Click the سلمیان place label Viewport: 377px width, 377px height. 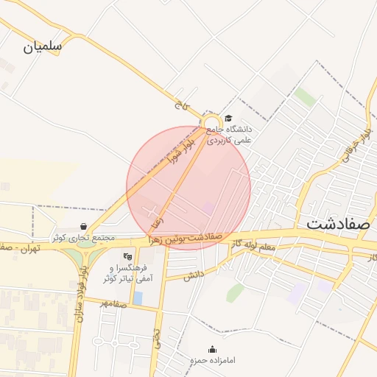coord(43,46)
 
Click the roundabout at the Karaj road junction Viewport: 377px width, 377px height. coord(211,123)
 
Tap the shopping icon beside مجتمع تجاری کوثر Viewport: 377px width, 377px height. coord(82,227)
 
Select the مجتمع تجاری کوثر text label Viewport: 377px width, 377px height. coord(82,238)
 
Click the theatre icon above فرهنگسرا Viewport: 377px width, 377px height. coord(127,256)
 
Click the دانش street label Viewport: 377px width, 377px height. coord(193,275)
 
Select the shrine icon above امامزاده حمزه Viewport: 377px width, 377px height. coord(213,349)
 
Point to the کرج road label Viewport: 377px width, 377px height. coord(178,105)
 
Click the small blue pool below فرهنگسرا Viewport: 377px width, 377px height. coord(138,297)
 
